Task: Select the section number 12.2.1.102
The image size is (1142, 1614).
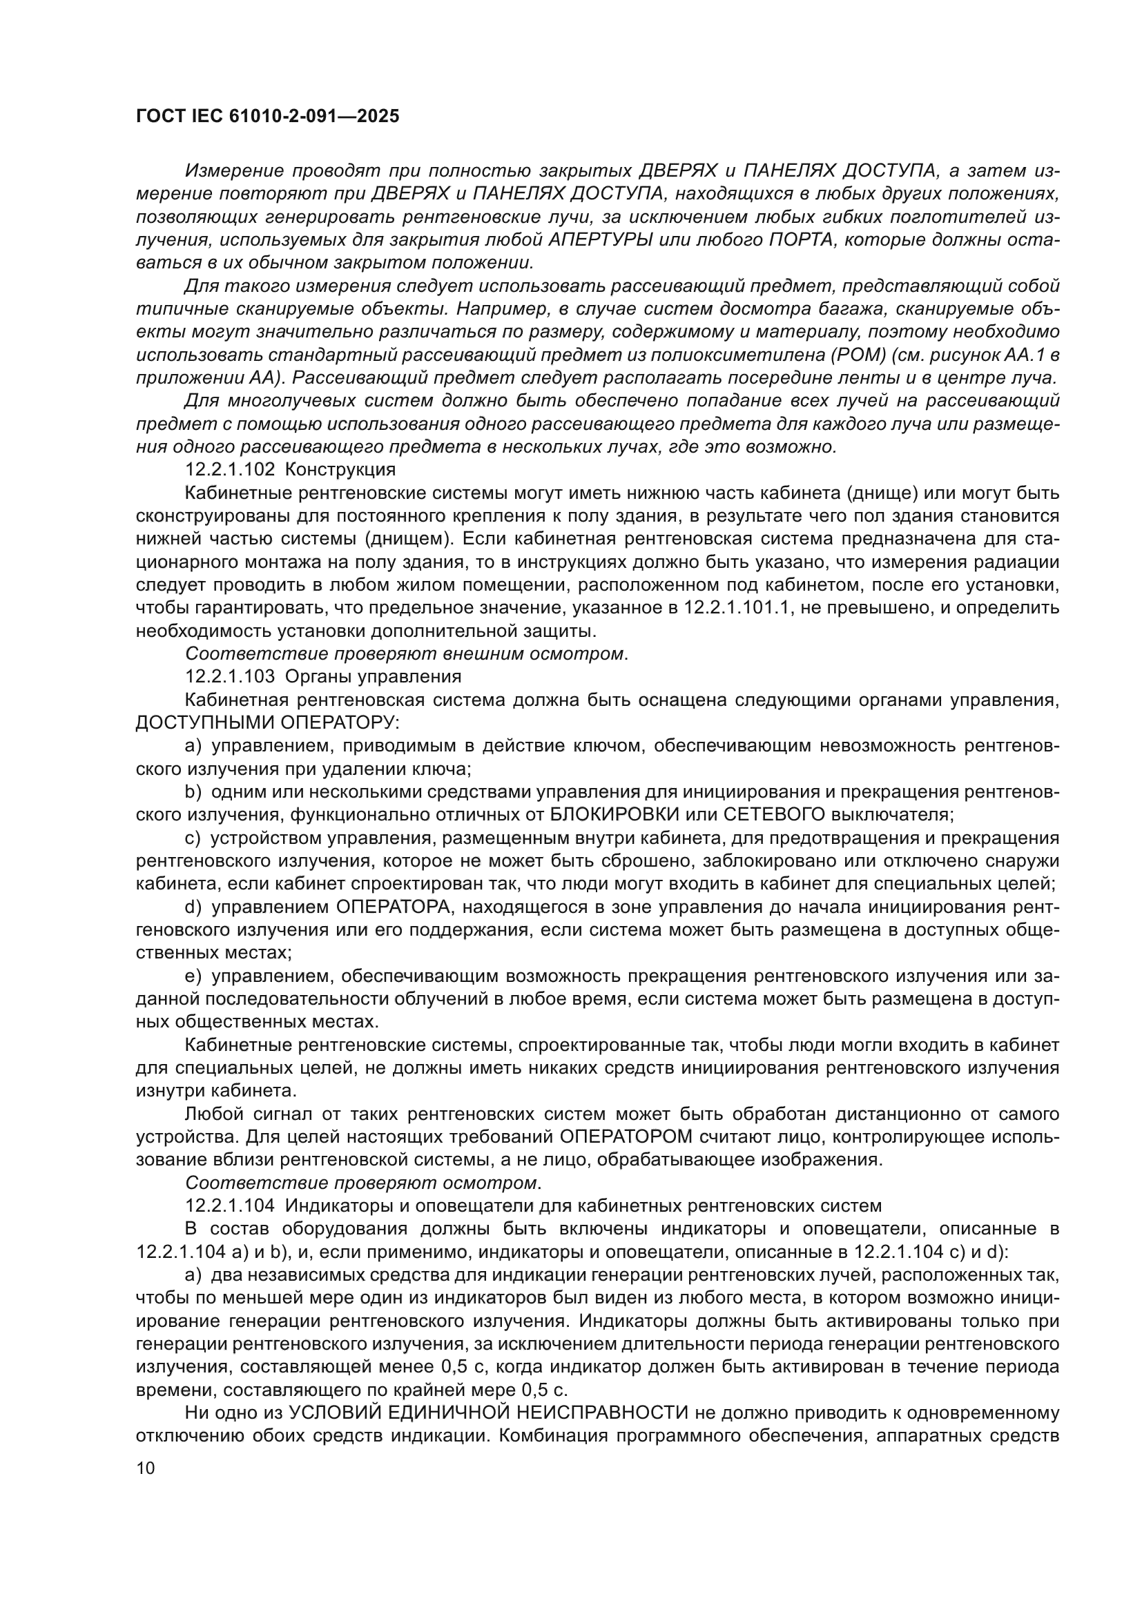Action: point(230,469)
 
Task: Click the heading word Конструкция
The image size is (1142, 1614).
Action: point(340,469)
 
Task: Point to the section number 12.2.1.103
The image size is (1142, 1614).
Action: point(230,676)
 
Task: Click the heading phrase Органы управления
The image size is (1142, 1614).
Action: point(374,676)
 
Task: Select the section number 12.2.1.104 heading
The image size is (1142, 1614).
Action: point(230,1205)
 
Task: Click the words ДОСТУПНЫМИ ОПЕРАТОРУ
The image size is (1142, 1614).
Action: point(267,722)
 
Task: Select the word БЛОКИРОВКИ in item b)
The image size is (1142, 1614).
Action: point(614,814)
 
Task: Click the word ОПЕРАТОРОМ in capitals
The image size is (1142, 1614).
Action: point(626,1136)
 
